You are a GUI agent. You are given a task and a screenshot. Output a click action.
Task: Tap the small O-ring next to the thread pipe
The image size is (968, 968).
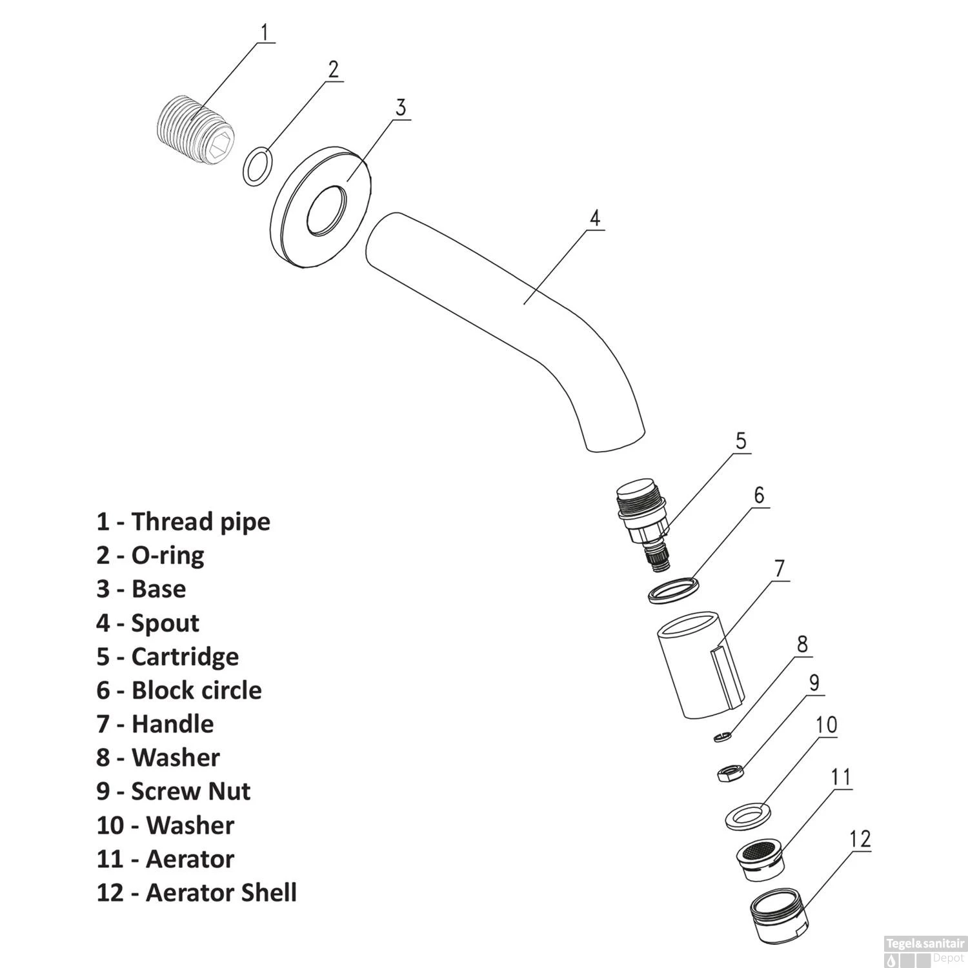point(257,166)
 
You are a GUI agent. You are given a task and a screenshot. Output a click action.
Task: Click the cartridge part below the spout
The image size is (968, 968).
point(642,523)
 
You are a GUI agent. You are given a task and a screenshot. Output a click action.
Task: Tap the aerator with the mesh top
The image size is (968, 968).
point(761,860)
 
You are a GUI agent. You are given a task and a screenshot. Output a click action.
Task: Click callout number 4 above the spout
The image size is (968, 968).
point(594,217)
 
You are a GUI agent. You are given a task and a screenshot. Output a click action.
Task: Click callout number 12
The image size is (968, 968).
point(860,838)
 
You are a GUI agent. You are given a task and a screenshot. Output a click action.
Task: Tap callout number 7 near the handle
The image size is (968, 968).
point(780,569)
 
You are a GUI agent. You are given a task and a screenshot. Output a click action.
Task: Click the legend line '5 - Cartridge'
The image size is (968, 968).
point(168,656)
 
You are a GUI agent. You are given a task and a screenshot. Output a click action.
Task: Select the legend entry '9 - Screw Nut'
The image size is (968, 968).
point(174,791)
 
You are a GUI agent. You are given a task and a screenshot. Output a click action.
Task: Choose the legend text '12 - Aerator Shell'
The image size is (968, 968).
point(197,892)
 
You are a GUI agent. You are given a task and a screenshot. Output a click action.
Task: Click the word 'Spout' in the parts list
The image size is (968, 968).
point(165,623)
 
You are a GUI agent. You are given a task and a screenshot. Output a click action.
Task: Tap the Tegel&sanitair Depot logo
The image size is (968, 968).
point(925,949)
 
